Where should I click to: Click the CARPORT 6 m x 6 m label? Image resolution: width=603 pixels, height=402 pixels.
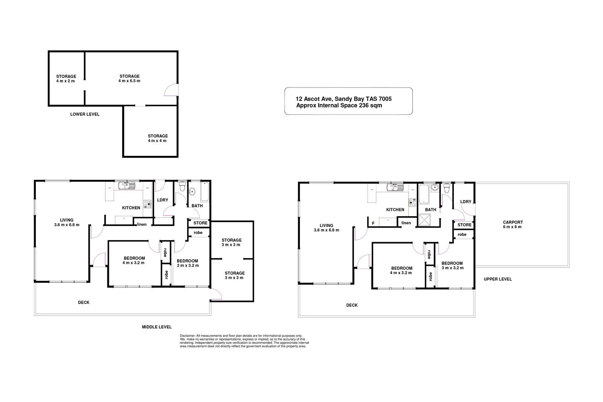pyautogui.click(x=513, y=225)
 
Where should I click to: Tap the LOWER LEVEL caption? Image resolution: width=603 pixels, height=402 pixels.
pyautogui.click(x=85, y=114)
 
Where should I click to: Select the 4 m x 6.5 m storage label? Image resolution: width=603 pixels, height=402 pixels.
pyautogui.click(x=129, y=78)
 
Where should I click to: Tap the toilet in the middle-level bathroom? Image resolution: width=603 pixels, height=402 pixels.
pyautogui.click(x=182, y=187)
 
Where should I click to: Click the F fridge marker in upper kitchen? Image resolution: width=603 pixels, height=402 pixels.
pyautogui.click(x=373, y=224)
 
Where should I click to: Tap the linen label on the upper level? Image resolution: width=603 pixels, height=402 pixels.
pyautogui.click(x=406, y=223)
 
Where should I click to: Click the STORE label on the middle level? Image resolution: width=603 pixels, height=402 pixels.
pyautogui.click(x=200, y=223)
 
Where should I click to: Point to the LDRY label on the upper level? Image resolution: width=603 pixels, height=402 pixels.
pyautogui.click(x=465, y=202)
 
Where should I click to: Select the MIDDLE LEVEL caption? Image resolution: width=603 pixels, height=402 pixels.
pyautogui.click(x=156, y=327)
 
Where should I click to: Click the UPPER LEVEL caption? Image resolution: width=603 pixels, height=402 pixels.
pyautogui.click(x=497, y=279)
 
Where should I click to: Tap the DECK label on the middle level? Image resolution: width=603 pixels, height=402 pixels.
pyautogui.click(x=84, y=302)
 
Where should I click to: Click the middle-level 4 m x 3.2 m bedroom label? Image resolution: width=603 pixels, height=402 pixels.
pyautogui.click(x=134, y=261)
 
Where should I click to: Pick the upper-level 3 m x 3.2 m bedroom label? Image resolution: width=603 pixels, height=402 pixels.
pyautogui.click(x=452, y=265)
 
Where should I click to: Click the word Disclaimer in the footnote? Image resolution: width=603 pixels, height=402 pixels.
pyautogui.click(x=187, y=336)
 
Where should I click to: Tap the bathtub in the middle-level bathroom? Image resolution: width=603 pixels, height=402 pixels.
pyautogui.click(x=205, y=192)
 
